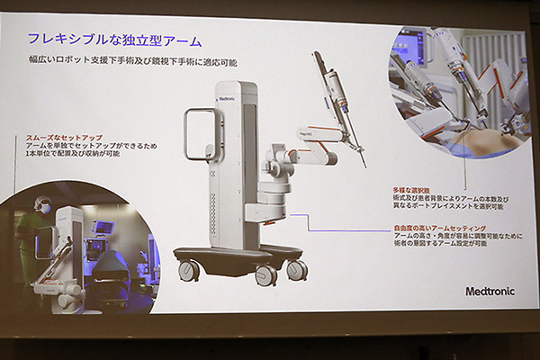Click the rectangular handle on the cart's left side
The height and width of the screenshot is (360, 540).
(199, 136)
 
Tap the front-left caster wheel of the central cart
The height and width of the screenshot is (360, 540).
(188, 270)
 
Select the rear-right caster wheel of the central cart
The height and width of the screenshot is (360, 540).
(296, 269)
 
